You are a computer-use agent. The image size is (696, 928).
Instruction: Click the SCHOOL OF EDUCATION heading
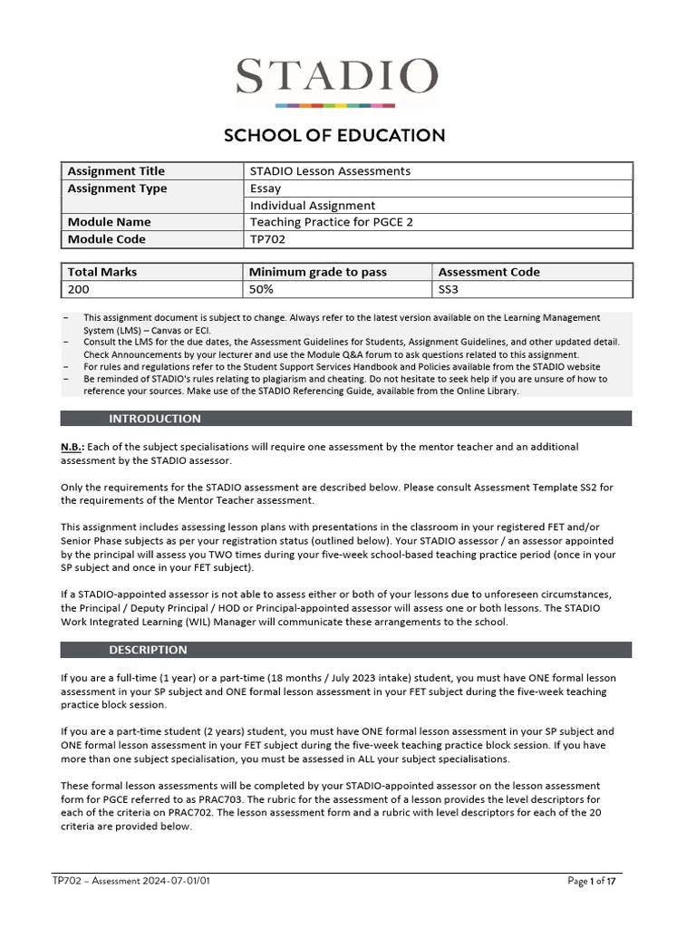coord(334,136)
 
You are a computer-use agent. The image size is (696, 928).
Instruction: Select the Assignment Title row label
coord(116,171)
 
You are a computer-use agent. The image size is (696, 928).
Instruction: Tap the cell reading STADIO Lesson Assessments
coord(330,171)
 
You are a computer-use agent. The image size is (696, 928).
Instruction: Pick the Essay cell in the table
coord(266,188)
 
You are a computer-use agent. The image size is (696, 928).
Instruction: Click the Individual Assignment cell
coord(312,206)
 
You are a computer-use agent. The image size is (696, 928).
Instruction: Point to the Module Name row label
coord(109,222)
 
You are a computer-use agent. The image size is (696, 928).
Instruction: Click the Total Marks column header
coord(102,272)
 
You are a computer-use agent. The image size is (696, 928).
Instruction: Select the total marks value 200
coord(79,289)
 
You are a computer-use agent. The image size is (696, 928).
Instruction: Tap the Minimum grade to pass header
coord(317,272)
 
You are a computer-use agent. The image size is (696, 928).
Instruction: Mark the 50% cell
coord(261,289)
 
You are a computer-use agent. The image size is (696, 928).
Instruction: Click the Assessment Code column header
coord(488,272)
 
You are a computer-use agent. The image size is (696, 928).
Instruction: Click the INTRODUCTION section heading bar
coord(346,419)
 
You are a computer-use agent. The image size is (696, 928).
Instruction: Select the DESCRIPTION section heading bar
coord(346,650)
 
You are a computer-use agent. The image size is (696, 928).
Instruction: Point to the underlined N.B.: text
coord(72,447)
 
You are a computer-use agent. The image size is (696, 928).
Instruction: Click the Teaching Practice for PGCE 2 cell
coord(331,222)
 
